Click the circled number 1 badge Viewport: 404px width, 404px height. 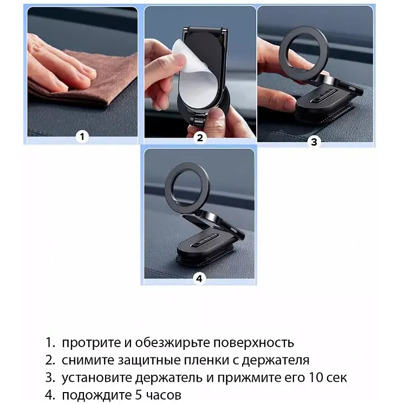pyautogui.click(x=82, y=136)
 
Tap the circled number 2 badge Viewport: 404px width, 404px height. pyautogui.click(x=200, y=138)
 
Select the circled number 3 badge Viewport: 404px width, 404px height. pyautogui.click(x=315, y=142)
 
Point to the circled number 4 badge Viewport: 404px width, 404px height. pyautogui.click(x=199, y=278)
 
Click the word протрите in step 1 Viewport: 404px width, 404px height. pyautogui.click(x=87, y=343)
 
